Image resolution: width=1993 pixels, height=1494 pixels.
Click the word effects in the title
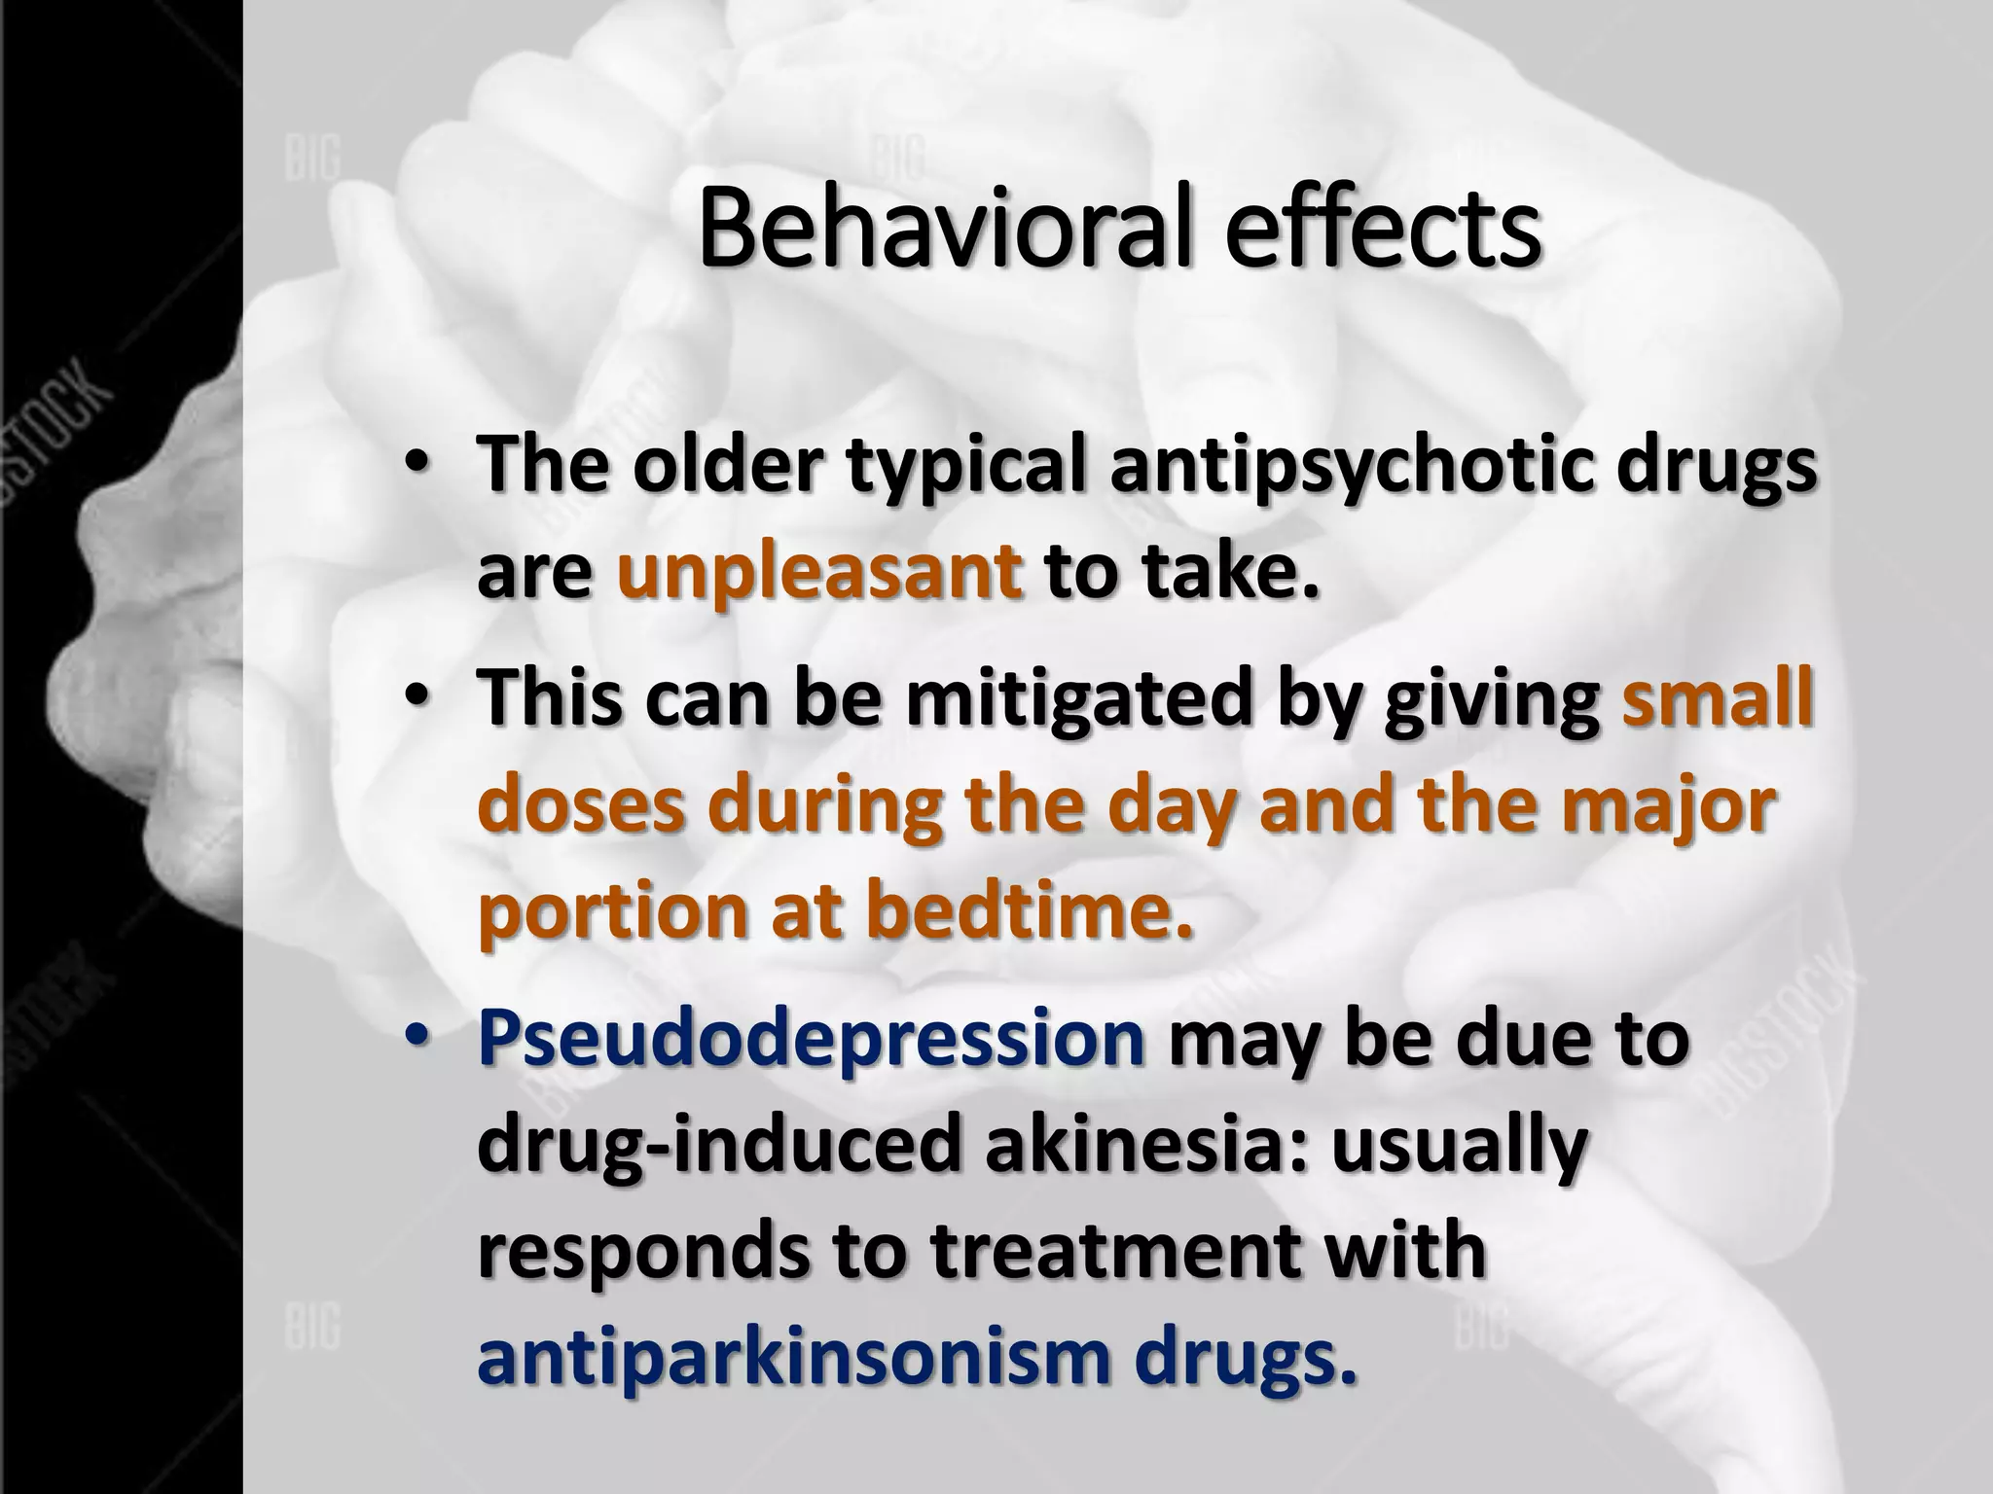point(1383,231)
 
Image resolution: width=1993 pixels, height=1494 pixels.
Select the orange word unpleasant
point(819,573)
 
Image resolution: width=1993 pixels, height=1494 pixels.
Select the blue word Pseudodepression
point(811,1040)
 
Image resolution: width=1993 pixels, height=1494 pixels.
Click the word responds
point(642,1252)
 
